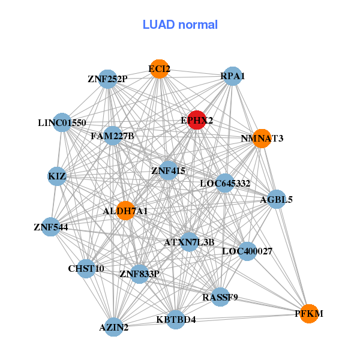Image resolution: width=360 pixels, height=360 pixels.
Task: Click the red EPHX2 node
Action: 197,120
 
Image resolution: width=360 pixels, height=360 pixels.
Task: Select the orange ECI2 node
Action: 159,69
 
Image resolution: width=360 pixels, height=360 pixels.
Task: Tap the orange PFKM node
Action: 308,314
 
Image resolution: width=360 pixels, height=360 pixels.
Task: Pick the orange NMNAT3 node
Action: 262,139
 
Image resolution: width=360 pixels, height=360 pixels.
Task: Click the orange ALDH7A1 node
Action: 125,211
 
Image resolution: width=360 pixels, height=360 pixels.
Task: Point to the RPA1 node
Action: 232,76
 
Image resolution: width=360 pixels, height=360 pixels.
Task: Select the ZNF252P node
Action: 107,79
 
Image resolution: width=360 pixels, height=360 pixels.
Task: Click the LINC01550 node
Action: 62,123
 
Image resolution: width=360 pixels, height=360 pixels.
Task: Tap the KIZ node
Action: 57,176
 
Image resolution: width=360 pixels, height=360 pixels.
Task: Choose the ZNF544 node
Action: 51,227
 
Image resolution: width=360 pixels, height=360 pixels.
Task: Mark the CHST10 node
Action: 86,268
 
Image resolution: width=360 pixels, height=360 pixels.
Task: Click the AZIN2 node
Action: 114,327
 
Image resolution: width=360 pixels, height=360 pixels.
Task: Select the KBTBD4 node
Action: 176,319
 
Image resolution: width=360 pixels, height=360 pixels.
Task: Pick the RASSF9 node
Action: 220,296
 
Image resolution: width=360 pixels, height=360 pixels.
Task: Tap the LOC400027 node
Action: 247,251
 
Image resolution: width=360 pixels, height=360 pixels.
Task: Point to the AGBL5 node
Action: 276,199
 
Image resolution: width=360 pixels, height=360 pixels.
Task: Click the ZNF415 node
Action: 169,171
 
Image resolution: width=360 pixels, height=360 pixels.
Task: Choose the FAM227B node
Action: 113,136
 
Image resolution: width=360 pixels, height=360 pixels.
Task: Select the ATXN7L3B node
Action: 189,242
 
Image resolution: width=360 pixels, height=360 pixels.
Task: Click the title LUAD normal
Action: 180,25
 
